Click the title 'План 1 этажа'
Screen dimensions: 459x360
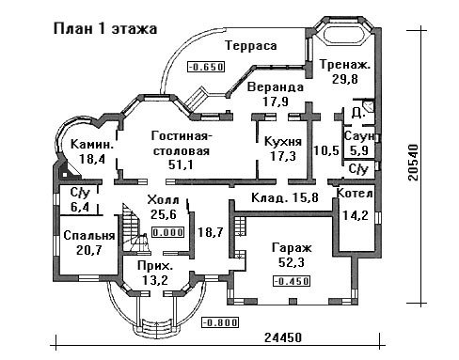[x=105, y=29]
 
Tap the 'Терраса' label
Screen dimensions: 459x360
[x=251, y=46]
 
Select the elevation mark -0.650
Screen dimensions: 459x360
[x=206, y=67]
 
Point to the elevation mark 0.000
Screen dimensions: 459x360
[x=168, y=232]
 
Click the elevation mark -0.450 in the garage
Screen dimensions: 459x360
[x=292, y=281]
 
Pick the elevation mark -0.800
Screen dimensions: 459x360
[x=220, y=322]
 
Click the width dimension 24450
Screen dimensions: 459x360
[x=283, y=337]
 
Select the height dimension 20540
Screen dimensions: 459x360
[x=414, y=162]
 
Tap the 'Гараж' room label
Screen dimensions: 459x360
[x=292, y=247]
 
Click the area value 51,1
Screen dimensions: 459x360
[x=182, y=164]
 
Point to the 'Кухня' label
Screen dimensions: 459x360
[x=283, y=142]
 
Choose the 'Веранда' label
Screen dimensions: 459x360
[x=276, y=87]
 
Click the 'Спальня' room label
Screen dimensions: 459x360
[x=89, y=236]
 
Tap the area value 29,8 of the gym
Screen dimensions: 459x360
[x=345, y=79]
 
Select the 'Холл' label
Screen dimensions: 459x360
[x=164, y=200]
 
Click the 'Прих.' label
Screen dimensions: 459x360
[x=155, y=266]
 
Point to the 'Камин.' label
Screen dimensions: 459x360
[x=92, y=145]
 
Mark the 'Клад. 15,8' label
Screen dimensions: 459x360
[x=285, y=197]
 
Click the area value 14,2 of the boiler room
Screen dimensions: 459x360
[x=356, y=215]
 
